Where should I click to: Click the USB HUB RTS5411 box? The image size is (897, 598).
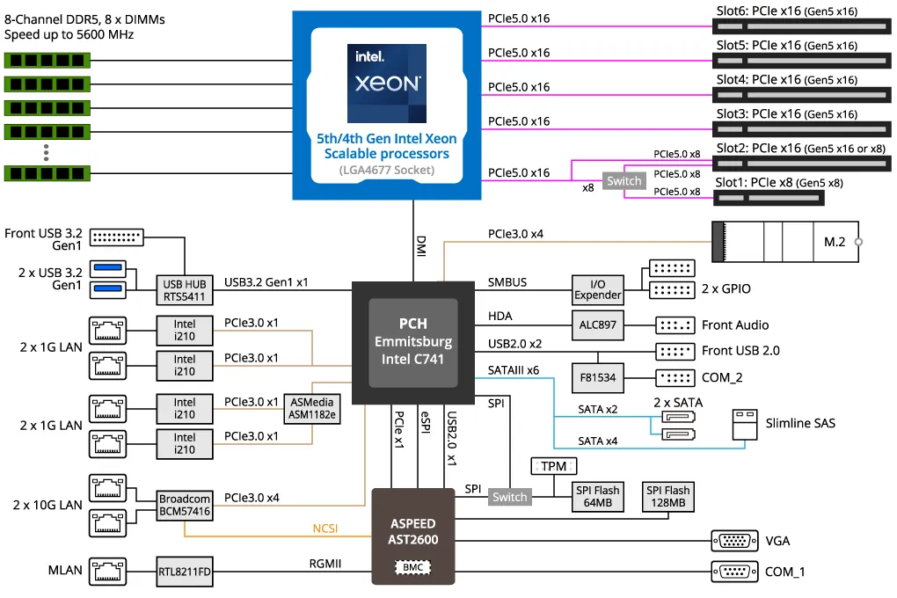coord(185,290)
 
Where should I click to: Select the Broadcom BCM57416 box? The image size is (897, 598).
coord(185,504)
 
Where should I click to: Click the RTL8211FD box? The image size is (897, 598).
coord(185,571)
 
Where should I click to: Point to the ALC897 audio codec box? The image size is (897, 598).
coord(598,325)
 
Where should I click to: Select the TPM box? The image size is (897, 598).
coord(554,466)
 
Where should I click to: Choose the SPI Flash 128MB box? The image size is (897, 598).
coord(667,497)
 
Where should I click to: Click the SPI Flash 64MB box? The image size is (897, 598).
coord(598,497)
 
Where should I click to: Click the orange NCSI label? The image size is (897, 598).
coord(325,529)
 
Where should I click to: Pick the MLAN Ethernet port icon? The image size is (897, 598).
coord(108,571)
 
